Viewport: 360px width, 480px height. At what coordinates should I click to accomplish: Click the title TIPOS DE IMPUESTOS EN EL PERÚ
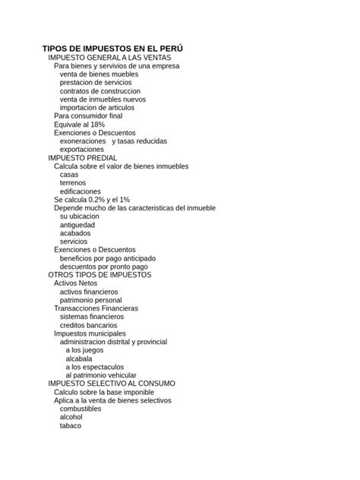(112, 49)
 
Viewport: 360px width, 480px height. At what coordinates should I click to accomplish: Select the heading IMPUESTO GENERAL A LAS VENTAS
(110, 58)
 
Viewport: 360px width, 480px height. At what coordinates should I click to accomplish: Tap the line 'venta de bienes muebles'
(99, 74)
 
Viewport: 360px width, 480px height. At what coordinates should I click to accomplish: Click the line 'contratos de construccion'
(100, 91)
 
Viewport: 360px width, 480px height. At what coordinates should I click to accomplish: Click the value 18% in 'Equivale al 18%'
(96, 125)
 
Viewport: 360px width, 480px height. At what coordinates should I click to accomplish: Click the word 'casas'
(69, 175)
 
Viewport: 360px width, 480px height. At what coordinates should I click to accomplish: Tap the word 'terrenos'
(73, 183)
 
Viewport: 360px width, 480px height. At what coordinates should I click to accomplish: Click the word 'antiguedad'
(77, 225)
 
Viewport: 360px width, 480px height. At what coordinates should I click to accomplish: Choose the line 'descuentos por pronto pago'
(105, 267)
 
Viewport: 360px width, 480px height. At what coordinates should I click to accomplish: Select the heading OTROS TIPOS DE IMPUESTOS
(99, 275)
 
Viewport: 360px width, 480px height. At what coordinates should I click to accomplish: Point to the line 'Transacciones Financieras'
(96, 308)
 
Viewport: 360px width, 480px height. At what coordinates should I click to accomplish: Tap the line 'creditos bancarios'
(89, 325)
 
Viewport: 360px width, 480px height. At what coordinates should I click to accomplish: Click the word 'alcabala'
(81, 358)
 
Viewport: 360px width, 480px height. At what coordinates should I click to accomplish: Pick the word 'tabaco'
(71, 425)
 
